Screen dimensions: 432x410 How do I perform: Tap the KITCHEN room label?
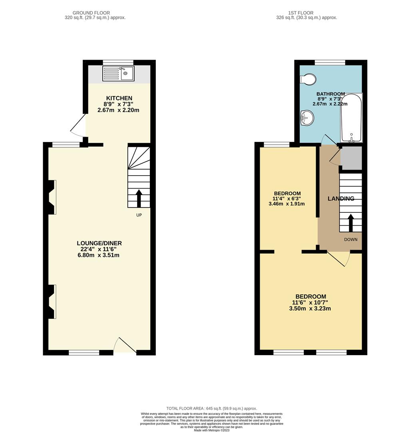(119, 98)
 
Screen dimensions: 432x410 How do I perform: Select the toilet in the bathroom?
(308, 79)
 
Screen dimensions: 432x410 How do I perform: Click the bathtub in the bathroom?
(351, 118)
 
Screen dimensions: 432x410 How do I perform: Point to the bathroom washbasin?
(307, 118)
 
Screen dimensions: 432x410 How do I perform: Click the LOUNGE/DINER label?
(99, 243)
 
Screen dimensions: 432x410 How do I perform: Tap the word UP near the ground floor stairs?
(139, 215)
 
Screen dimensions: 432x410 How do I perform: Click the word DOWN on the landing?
(351, 239)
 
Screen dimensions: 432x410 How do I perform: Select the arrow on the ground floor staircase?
(139, 198)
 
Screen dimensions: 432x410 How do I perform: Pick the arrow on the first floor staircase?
(351, 222)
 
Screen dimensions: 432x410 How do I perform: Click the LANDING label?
(341, 198)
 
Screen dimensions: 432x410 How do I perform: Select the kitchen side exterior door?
(79, 126)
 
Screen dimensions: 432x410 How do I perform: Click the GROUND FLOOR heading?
(91, 13)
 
